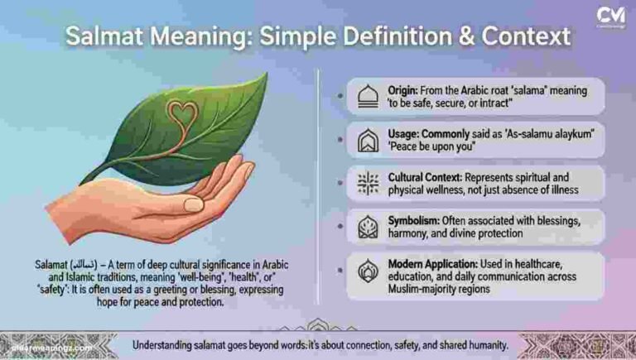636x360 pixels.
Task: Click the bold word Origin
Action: click(407, 89)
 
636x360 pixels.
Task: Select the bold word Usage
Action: click(408, 133)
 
